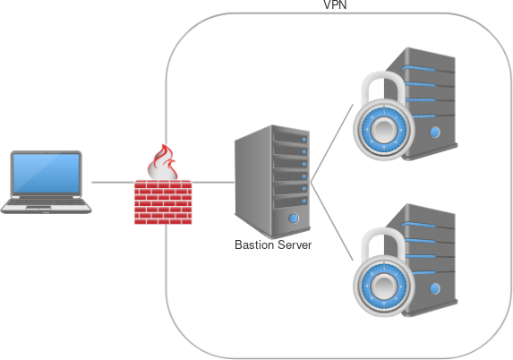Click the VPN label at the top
coord(335,4)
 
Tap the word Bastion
coord(254,244)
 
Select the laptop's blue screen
coord(47,173)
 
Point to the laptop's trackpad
coord(38,208)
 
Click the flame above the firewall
coord(163,162)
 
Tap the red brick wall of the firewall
coord(163,202)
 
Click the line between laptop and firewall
coord(113,182)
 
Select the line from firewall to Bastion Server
coord(213,182)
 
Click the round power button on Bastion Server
coord(294,219)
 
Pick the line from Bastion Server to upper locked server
coord(332,143)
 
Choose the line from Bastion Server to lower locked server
coord(332,221)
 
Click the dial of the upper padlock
coord(384,129)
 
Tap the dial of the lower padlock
coord(384,286)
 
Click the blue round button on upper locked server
coord(435,133)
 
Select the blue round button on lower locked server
coord(435,288)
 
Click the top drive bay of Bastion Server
coord(291,137)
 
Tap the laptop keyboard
coord(46,202)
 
